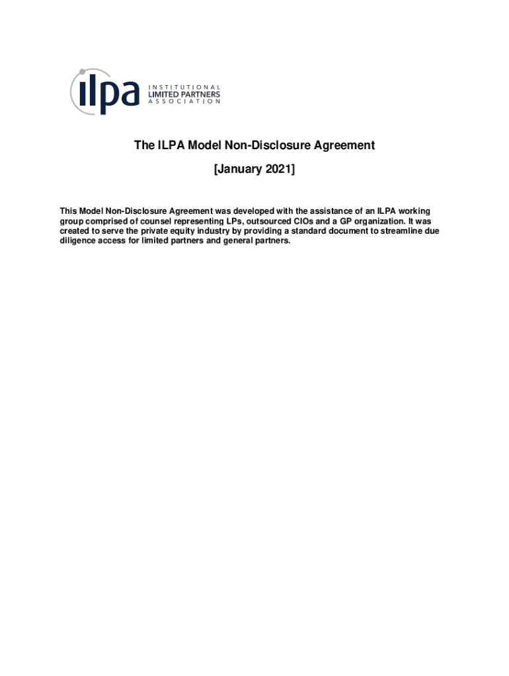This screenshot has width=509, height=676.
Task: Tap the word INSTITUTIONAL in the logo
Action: point(183,86)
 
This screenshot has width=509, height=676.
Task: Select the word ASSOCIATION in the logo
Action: point(183,102)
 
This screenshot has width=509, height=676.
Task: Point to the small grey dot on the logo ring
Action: point(81,71)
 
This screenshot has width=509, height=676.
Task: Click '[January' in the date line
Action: point(235,170)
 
